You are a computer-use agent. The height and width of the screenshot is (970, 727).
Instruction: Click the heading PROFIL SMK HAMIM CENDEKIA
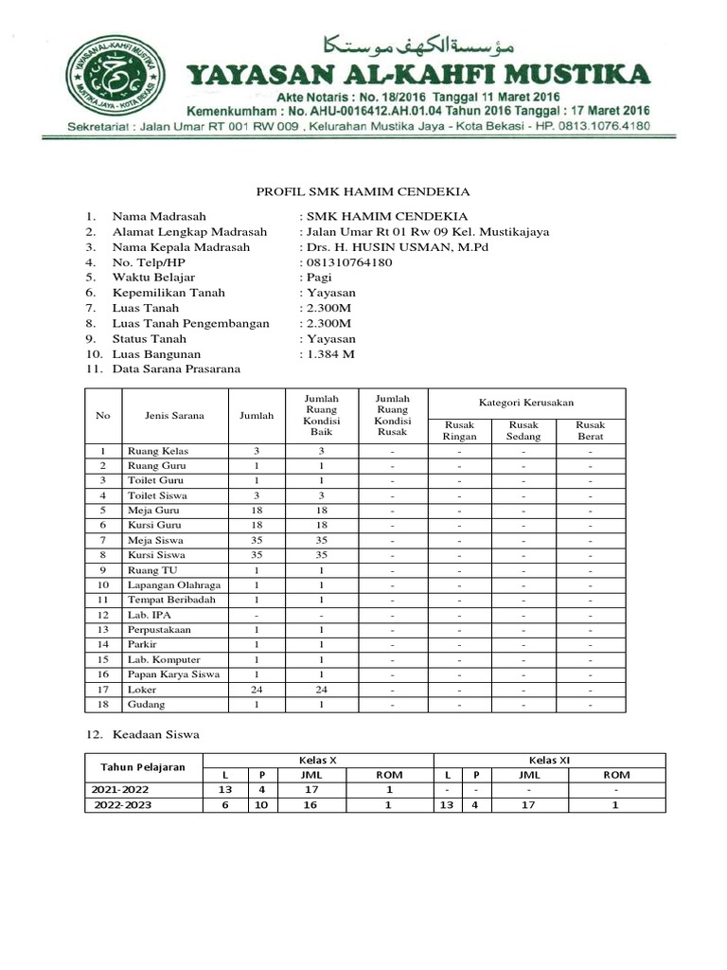(x=364, y=192)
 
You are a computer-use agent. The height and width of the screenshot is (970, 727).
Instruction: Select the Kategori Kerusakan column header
(x=526, y=403)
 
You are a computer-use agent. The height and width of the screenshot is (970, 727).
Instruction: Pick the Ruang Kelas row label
(x=156, y=451)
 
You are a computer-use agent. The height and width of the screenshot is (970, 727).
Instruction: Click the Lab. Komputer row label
(x=165, y=659)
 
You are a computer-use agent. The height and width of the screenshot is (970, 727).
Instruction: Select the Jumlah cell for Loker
(x=257, y=691)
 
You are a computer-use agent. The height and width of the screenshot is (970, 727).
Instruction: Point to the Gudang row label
(x=147, y=706)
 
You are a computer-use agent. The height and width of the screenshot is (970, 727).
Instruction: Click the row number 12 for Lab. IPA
(x=103, y=616)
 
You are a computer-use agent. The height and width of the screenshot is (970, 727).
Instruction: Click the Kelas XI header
(x=549, y=760)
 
